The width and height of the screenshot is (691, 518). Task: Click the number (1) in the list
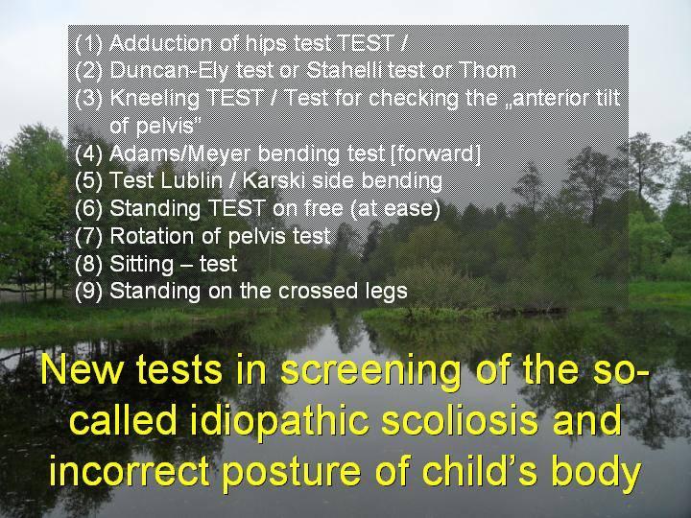click(88, 43)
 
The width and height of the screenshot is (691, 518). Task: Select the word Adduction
click(161, 43)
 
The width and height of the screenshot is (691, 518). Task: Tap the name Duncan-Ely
click(169, 70)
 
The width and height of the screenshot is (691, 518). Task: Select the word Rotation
click(153, 236)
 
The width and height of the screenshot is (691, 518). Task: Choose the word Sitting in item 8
click(141, 265)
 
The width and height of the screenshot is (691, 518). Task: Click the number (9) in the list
click(88, 292)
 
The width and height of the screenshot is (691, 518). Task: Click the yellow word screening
click(370, 371)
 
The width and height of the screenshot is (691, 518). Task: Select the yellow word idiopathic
click(279, 422)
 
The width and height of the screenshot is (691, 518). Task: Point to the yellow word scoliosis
click(460, 420)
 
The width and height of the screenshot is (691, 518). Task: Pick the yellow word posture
click(292, 472)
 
